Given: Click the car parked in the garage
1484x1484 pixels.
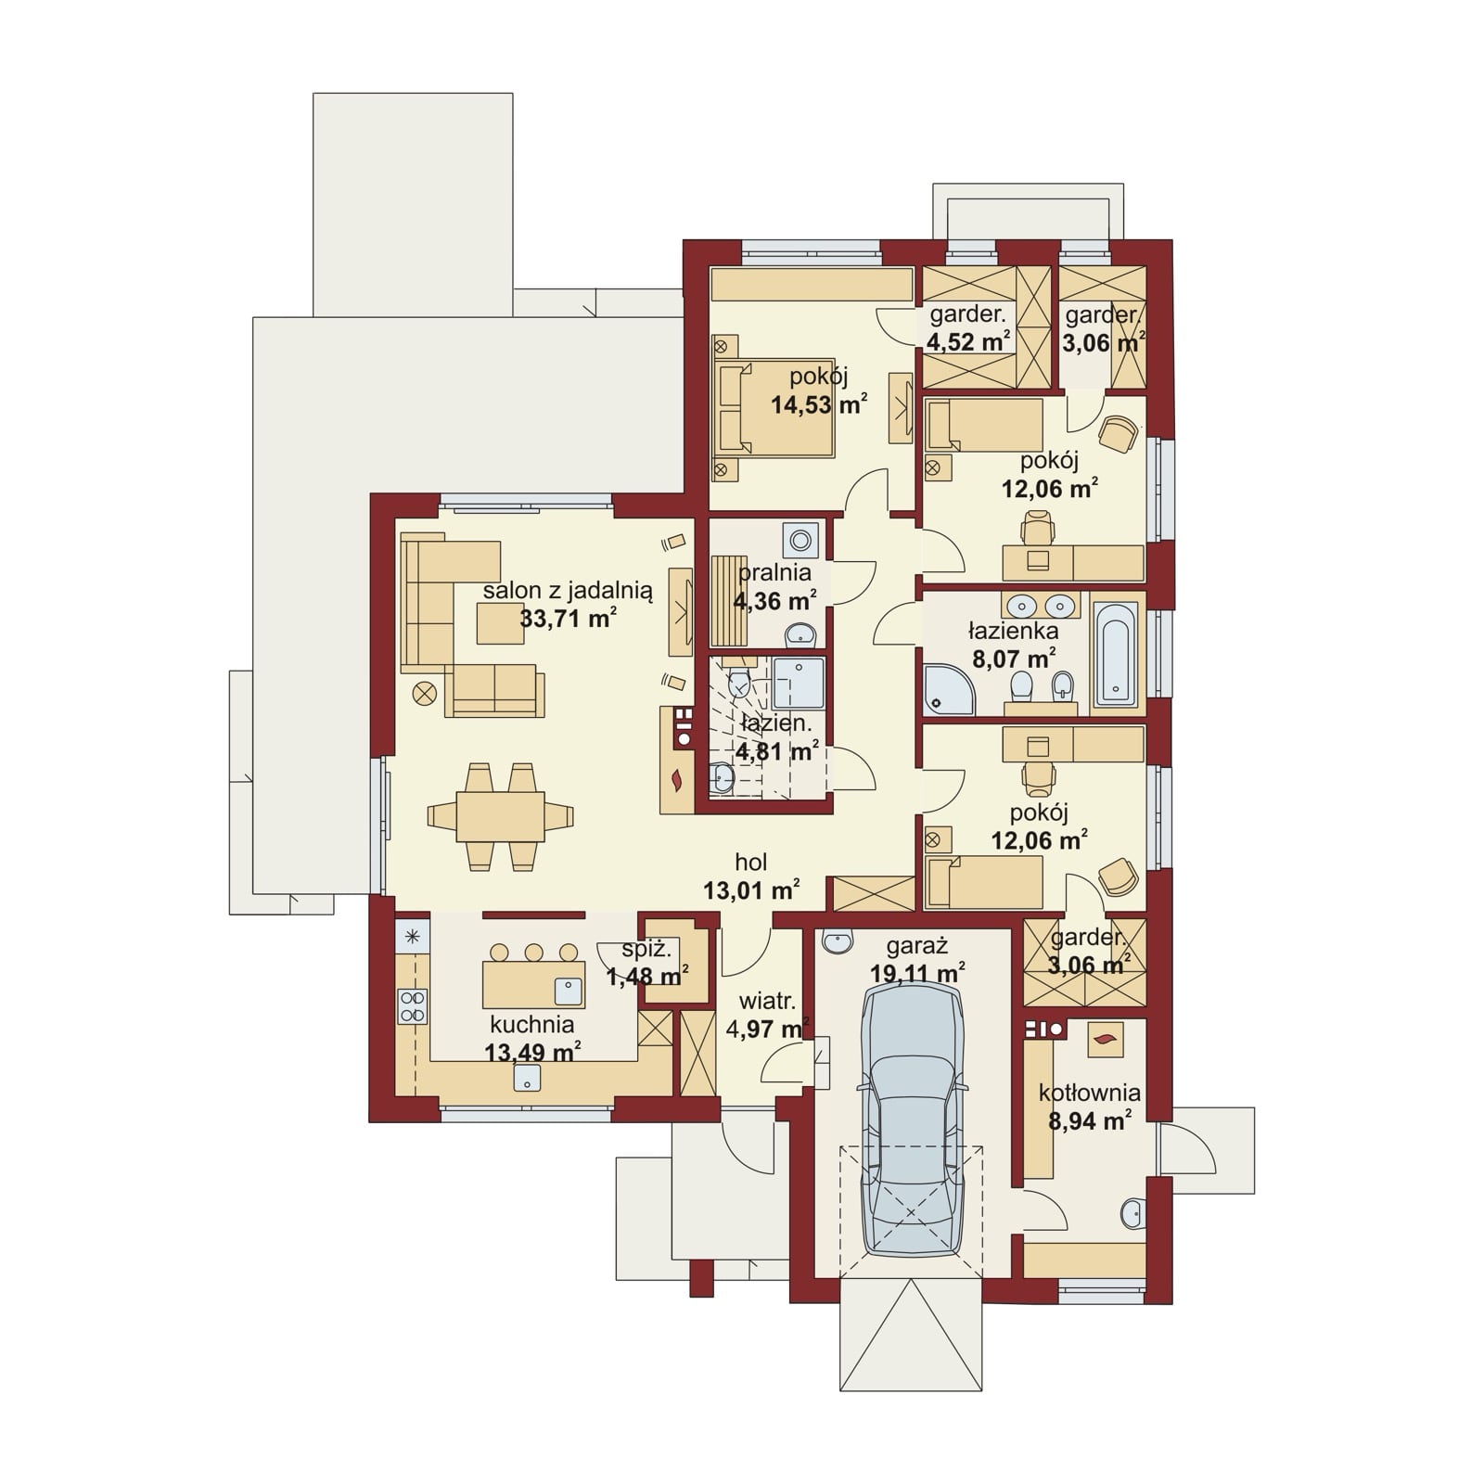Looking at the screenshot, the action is pyautogui.click(x=913, y=1120).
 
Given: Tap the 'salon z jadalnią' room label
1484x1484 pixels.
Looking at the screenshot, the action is pyautogui.click(x=569, y=591).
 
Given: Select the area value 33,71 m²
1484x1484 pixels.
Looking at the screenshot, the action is pyautogui.click(x=569, y=618).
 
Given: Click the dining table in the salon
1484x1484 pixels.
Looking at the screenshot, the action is pyautogui.click(x=500, y=816).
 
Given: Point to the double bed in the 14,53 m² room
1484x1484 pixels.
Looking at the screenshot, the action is pyautogui.click(x=774, y=408).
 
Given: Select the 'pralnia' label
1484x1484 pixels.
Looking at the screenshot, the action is pyautogui.click(x=774, y=573).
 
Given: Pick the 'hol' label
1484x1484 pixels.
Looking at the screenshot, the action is pyautogui.click(x=751, y=863).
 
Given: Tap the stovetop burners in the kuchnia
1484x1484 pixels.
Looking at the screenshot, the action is pyautogui.click(x=413, y=1007).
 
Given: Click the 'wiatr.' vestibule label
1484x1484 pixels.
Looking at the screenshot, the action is pyautogui.click(x=767, y=1002).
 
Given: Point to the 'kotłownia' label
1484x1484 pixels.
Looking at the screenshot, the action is pyautogui.click(x=1090, y=1093).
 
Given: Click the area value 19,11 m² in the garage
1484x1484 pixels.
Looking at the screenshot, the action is pyautogui.click(x=918, y=974).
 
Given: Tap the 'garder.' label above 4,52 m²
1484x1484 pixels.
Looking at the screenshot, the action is pyautogui.click(x=967, y=314).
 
